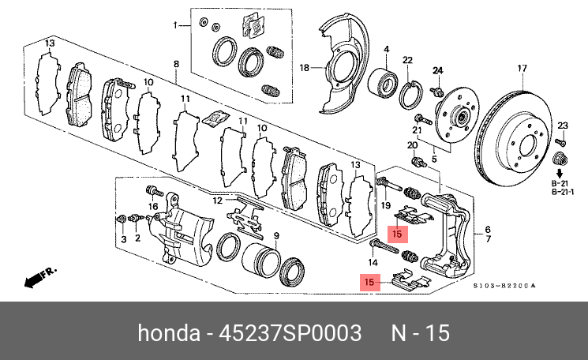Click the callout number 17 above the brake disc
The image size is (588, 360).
[521, 68]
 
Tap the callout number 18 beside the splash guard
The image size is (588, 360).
[305, 68]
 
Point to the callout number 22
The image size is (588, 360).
[407, 61]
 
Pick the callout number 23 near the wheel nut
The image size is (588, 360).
[562, 126]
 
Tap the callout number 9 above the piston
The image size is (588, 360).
[276, 236]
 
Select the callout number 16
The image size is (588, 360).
[154, 207]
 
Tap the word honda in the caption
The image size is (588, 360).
[169, 333]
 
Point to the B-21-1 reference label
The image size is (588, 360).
[561, 192]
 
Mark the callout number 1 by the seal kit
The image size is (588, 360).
[177, 26]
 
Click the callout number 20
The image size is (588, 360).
[411, 145]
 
